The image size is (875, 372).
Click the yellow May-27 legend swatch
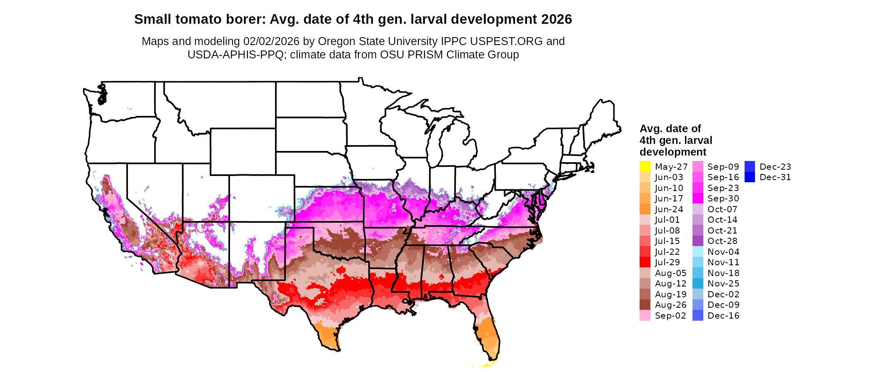645,166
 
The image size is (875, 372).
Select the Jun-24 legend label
669,209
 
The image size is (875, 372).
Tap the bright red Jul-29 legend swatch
645,262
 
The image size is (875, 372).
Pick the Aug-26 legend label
670,305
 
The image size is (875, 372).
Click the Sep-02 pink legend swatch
645,316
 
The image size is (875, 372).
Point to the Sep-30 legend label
723,199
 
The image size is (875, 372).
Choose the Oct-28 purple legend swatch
697,241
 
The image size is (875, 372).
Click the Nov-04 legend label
723,252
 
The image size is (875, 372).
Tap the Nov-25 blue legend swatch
697,284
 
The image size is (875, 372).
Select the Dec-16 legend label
723,316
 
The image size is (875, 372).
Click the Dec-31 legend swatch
750,177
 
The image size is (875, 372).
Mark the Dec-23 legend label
775,167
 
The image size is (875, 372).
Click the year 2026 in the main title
557,19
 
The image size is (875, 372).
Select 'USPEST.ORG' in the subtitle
506,41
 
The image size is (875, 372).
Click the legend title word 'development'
673,152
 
